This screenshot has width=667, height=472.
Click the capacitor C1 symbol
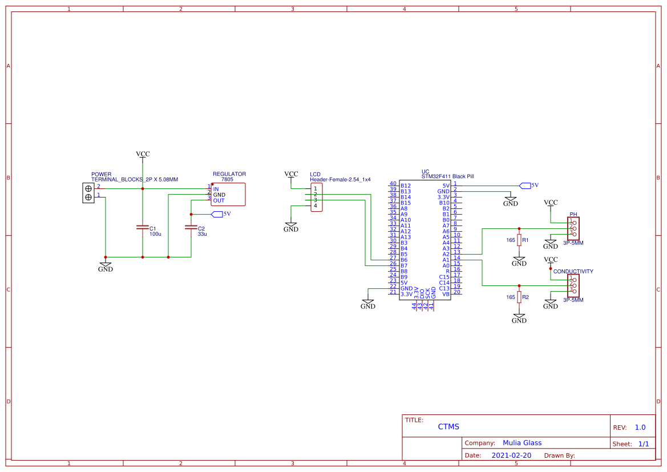pyautogui.click(x=143, y=227)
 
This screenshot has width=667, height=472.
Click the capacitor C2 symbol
pyautogui.click(x=191, y=227)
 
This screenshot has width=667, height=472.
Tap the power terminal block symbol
pyautogui.click(x=88, y=193)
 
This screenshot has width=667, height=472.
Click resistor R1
pyautogui.click(x=519, y=240)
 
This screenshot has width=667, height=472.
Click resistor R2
pyautogui.click(x=519, y=297)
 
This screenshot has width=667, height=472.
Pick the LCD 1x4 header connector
pyautogui.click(x=317, y=197)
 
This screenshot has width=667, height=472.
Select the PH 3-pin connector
pyautogui.click(x=573, y=228)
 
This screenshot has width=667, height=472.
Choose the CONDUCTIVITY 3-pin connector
pyautogui.click(x=573, y=285)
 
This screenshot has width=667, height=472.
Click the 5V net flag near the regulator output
pyautogui.click(x=217, y=214)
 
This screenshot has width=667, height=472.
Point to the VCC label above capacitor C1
pyautogui.click(x=143, y=154)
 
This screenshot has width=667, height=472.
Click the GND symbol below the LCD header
pyautogui.click(x=291, y=228)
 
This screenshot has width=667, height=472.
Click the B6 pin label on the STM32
pyautogui.click(x=404, y=260)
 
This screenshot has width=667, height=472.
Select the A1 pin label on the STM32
pyautogui.click(x=446, y=260)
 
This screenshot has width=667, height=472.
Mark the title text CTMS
pyautogui.click(x=448, y=426)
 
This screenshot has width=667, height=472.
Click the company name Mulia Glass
pyautogui.click(x=522, y=443)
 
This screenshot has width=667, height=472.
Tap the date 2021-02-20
pyautogui.click(x=511, y=455)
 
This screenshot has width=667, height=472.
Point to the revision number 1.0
pyautogui.click(x=640, y=427)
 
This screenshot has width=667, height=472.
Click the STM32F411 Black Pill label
pyautogui.click(x=447, y=177)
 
